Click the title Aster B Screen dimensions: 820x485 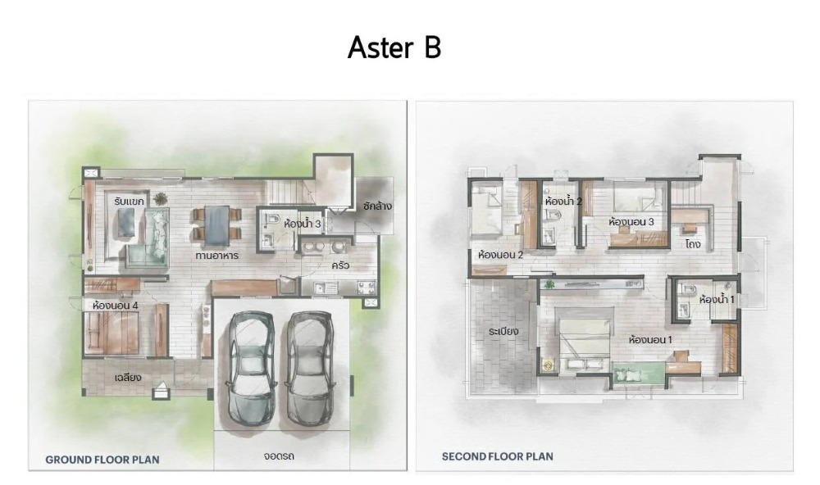coord(394,47)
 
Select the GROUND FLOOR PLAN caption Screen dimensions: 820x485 coord(102,460)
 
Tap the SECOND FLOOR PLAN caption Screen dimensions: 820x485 coord(498,456)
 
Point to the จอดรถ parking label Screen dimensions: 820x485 coord(279,456)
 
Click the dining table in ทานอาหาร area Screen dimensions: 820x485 coord(217,225)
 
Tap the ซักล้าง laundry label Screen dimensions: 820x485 coord(377,206)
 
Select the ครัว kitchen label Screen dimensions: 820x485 coord(340,265)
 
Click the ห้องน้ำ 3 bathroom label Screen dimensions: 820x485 coord(303,224)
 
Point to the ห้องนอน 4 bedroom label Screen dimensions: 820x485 coord(115,306)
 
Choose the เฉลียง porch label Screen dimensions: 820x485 coord(128,377)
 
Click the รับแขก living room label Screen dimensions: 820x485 coord(129,201)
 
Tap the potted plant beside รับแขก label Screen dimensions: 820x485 coord(160,198)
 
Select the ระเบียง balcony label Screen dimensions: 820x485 coord(503,331)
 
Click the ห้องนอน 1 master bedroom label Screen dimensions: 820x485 coord(650,340)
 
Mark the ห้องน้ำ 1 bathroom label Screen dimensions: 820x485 coord(717,300)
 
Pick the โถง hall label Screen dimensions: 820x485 coord(692,243)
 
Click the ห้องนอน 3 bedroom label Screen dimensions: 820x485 coord(631,221)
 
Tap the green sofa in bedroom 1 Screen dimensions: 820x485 coord(638,373)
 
